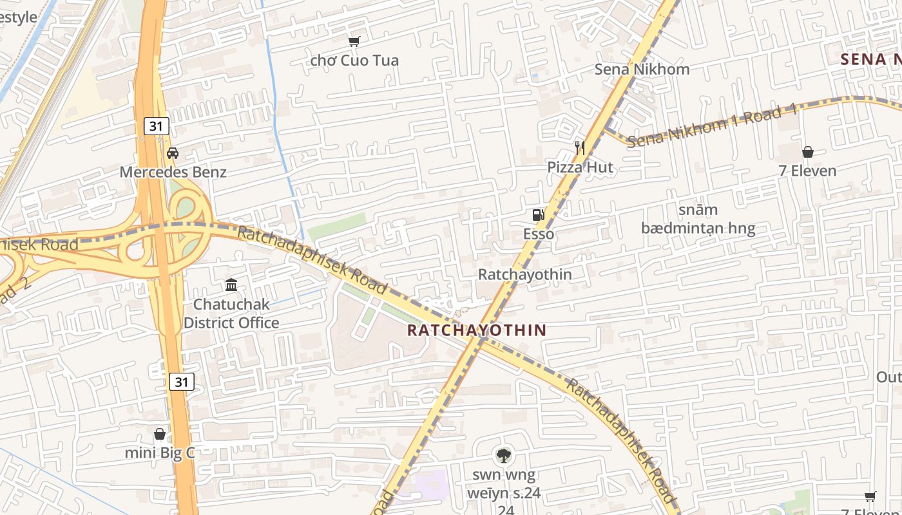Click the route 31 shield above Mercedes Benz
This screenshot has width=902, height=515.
[156, 126]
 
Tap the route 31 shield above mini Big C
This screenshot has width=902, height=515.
[182, 382]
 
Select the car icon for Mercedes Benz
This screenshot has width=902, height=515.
[173, 153]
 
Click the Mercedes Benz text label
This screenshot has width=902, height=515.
[173, 172]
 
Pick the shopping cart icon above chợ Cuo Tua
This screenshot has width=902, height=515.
[354, 42]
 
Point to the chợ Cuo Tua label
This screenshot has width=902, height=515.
[354, 61]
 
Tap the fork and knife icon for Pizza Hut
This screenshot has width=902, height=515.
[580, 148]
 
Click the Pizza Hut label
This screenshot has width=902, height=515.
[580, 167]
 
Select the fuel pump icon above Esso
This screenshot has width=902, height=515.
[538, 215]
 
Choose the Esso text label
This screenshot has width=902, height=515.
[539, 234]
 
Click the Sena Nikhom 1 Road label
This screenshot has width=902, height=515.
[712, 126]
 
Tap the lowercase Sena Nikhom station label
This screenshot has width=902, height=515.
[642, 69]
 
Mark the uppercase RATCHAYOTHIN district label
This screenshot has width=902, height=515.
[477, 330]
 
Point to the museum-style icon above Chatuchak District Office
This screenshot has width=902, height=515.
[231, 285]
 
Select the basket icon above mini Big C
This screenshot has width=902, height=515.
[160, 434]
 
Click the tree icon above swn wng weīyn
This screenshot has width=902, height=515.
[503, 456]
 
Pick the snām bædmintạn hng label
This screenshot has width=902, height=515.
[698, 219]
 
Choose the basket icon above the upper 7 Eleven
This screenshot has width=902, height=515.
[808, 152]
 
